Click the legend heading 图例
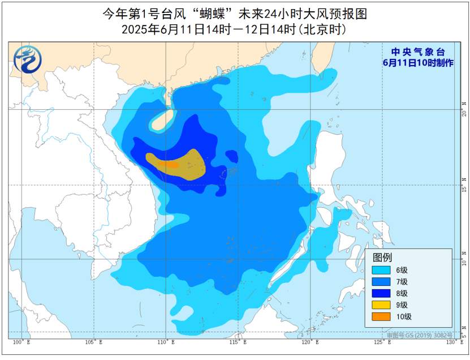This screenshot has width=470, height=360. [x=382, y=256]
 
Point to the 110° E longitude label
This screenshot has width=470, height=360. [x=166, y=342]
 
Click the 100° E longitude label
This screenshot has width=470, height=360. [x=21, y=342]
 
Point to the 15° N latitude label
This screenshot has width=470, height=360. [x=464, y=185]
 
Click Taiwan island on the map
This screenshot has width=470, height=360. [x=325, y=57]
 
